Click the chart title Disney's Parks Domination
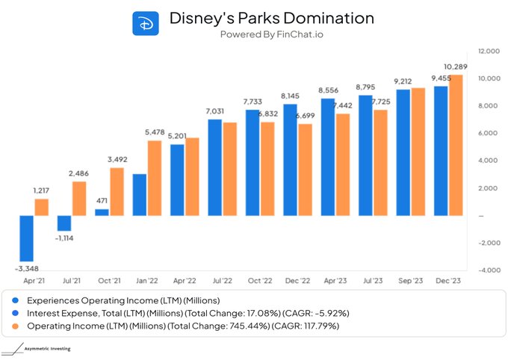pyautogui.click(x=273, y=17)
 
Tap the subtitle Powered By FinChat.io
pyautogui.click(x=273, y=34)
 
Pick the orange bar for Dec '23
pyautogui.click(x=456, y=145)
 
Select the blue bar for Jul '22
pyautogui.click(x=214, y=167)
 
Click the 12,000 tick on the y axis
pyautogui.click(x=489, y=51)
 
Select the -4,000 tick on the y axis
pyautogui.click(x=489, y=270)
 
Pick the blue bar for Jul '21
pyautogui.click(x=64, y=223)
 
